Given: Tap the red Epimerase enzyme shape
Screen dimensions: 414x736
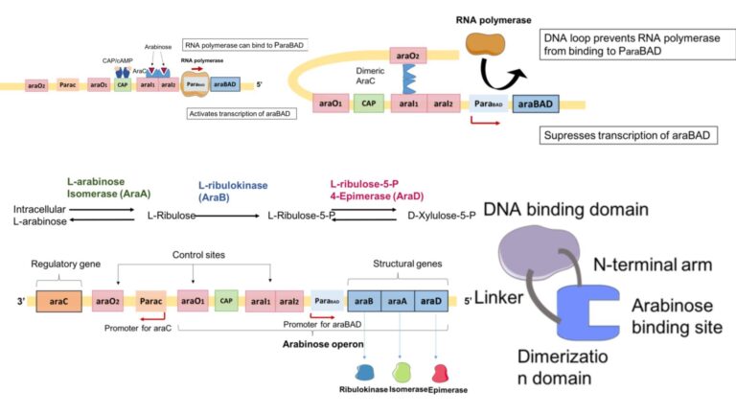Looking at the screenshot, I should (440, 371).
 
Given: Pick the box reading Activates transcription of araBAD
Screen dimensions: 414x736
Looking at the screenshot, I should (241, 112).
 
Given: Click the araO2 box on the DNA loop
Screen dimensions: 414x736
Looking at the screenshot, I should (406, 59).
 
